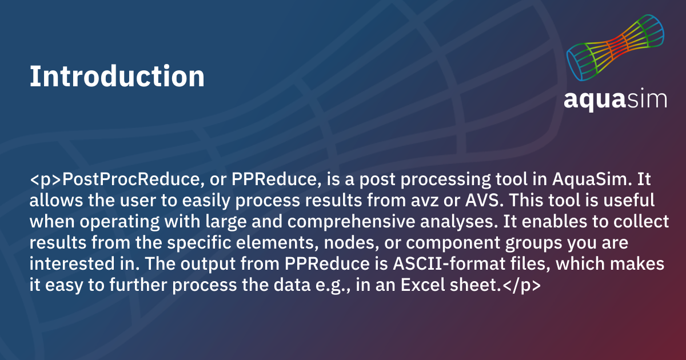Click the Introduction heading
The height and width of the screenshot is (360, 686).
pos(117,76)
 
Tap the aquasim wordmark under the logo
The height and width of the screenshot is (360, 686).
pos(615,99)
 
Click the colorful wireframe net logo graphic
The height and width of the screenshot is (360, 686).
pos(615,47)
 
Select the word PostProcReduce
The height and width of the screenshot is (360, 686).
pos(131,179)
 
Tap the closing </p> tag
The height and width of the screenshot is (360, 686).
pos(521,285)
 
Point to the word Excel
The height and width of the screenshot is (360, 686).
pos(422,285)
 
